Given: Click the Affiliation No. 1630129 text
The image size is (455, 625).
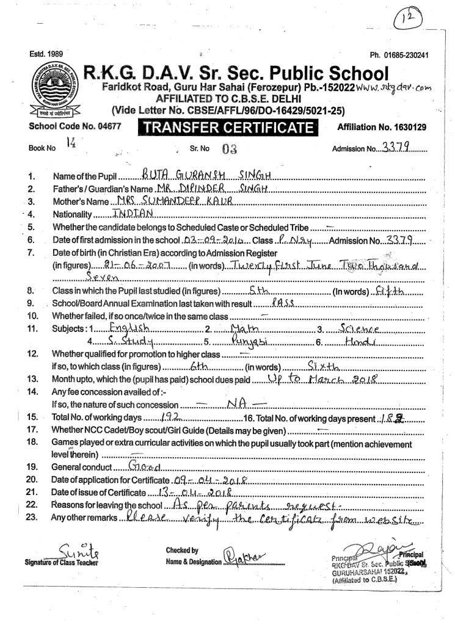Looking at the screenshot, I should point(382,128).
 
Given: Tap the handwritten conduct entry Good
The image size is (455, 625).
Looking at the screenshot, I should point(144,467).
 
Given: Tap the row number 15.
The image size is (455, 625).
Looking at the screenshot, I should point(32,417).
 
